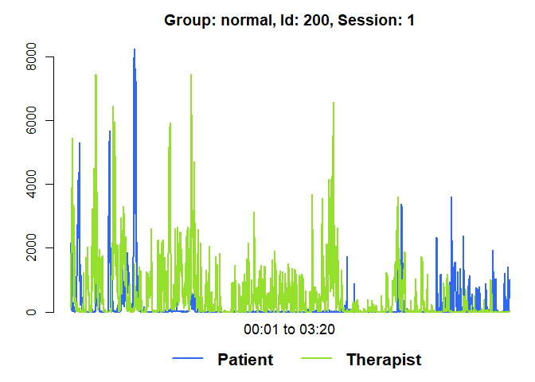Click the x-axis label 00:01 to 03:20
289,329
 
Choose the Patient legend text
245,360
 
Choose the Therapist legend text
384,360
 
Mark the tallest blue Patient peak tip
134,49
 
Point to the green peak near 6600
334,103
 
